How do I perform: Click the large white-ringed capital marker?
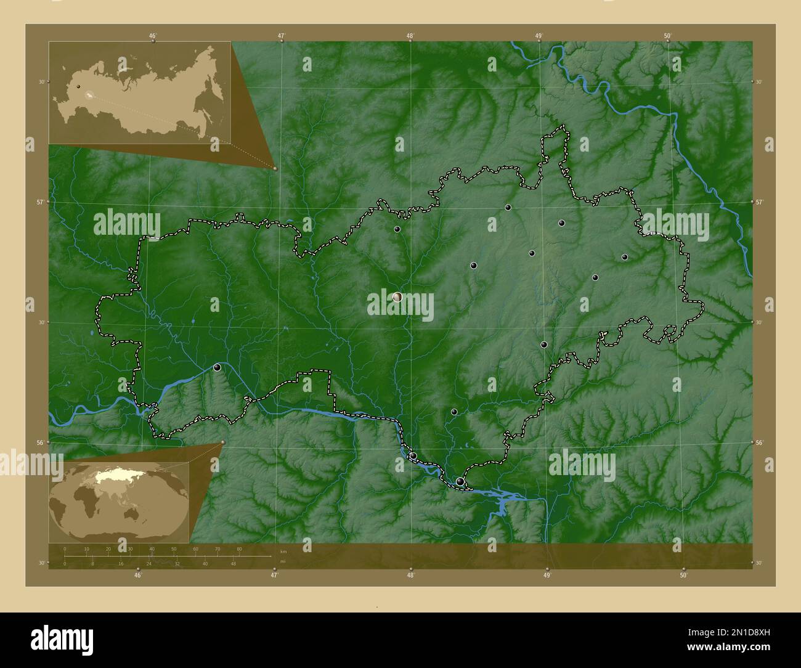tap(397, 297)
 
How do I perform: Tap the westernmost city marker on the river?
tap(217, 367)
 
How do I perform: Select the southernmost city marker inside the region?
tap(460, 481)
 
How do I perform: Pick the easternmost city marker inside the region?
tap(625, 257)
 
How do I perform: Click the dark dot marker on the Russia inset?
tap(78, 87)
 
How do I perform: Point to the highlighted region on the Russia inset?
tap(90, 96)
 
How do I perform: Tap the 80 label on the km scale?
tap(239, 548)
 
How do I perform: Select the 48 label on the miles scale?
tap(233, 563)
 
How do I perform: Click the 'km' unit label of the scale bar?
tap(283, 551)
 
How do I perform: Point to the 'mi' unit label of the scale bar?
tap(282, 562)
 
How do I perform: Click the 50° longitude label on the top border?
tap(667, 36)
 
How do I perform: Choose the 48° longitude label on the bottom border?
tap(410, 575)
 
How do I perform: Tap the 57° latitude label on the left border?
tap(29, 202)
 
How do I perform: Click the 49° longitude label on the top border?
tap(539, 36)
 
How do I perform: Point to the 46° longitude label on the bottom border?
tap(138, 575)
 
